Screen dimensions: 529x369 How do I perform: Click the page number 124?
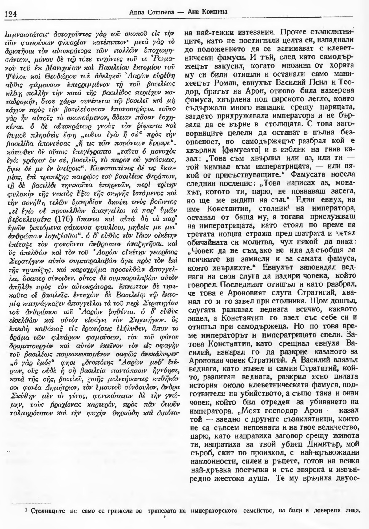tap(11, 14)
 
